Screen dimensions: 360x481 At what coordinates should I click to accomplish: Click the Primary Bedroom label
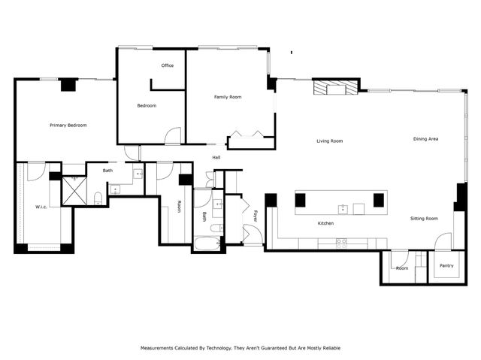tap(68, 125)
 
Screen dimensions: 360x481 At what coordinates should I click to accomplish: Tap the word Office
tap(168, 65)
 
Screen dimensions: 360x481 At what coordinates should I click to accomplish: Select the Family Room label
tap(228, 97)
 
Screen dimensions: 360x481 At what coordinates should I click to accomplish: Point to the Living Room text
tap(329, 141)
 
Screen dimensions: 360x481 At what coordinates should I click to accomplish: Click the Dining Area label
tap(425, 139)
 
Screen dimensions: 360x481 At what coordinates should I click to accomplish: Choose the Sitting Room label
tap(424, 218)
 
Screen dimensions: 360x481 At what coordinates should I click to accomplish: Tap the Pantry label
tap(446, 265)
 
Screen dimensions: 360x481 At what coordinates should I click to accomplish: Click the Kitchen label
tap(325, 223)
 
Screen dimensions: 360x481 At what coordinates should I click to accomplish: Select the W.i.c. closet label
tap(41, 207)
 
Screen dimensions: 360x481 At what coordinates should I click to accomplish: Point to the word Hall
tap(216, 158)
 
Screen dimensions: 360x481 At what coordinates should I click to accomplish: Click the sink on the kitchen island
tap(343, 208)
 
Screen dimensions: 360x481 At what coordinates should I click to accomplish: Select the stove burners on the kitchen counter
tap(341, 243)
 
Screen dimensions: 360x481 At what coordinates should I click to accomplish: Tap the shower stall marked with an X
tap(74, 190)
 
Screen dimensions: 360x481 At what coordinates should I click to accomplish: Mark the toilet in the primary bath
tap(98, 198)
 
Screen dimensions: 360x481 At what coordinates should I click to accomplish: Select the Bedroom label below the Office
tap(147, 105)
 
